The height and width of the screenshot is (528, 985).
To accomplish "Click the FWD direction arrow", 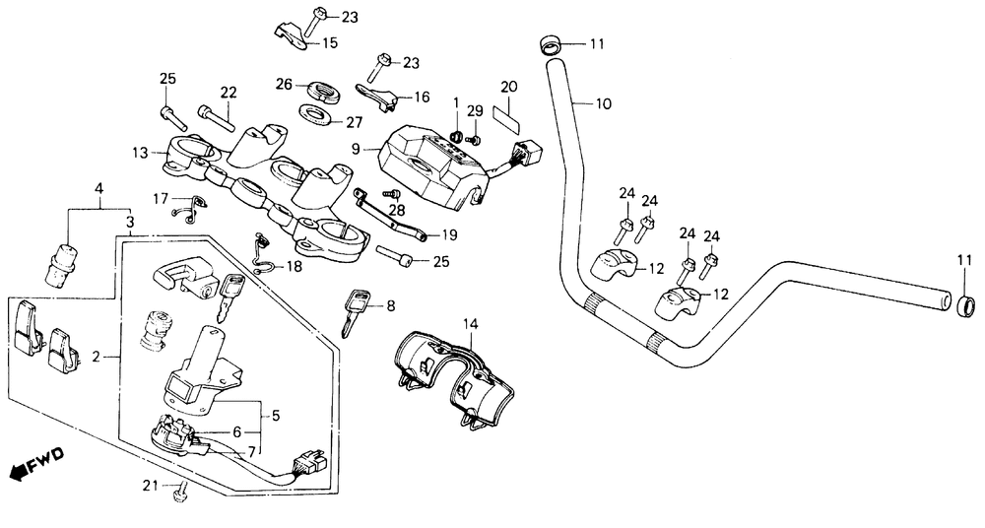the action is click(x=37, y=461).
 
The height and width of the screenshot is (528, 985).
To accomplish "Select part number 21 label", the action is click(x=150, y=485).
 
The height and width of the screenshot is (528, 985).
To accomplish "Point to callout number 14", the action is click(x=471, y=324).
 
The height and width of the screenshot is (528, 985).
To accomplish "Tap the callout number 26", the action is click(x=285, y=84).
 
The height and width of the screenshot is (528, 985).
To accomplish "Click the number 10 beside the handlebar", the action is click(x=603, y=103).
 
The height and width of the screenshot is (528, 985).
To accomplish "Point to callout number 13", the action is click(x=140, y=153).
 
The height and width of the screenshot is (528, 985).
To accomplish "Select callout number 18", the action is click(x=294, y=267).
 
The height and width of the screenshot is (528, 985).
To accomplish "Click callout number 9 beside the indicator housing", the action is click(x=356, y=149).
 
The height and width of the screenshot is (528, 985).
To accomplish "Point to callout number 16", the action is click(x=422, y=97).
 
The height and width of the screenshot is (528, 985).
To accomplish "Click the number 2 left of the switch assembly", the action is click(x=96, y=357).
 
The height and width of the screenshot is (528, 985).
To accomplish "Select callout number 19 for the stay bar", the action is click(x=449, y=235).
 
